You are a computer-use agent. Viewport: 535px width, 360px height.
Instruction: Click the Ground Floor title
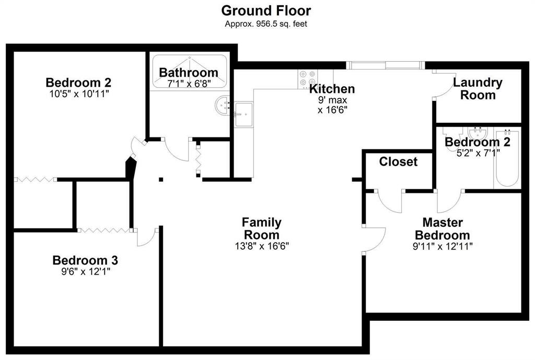click(266, 10)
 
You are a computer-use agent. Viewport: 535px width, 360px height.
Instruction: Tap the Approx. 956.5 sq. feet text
click(266, 24)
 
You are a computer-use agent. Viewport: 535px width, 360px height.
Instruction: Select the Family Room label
click(262, 229)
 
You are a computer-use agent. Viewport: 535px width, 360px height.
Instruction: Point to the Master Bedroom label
click(443, 229)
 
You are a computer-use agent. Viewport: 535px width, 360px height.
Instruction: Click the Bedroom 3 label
click(85, 260)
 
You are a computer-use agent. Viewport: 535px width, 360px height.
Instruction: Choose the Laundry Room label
click(478, 88)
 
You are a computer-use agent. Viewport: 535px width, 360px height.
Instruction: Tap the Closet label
click(398, 161)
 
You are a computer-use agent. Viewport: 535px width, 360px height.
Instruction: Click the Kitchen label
click(332, 89)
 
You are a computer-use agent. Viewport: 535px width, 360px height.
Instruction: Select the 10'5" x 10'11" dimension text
click(79, 94)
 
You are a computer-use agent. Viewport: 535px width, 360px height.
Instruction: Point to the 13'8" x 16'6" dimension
click(262, 246)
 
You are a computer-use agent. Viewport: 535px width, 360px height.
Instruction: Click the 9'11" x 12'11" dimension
click(443, 246)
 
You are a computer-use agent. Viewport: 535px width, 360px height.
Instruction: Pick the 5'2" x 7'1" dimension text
click(478, 153)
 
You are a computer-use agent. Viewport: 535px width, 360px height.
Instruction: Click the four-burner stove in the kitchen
click(307, 79)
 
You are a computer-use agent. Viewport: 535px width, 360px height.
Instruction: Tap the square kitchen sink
click(243, 114)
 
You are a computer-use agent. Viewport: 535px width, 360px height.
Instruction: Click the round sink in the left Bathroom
click(222, 105)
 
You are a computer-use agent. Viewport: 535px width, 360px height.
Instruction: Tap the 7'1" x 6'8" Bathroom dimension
click(189, 84)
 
